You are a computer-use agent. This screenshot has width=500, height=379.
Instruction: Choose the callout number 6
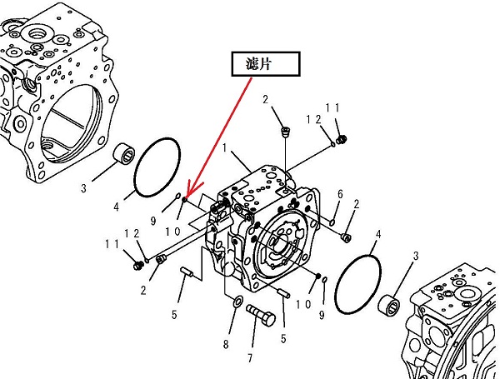point(340,194)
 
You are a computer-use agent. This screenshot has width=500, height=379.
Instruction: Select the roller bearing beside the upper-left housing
point(127,153)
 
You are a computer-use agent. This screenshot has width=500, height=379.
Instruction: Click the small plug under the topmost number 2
point(287,131)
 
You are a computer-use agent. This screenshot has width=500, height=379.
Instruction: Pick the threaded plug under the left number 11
point(139,265)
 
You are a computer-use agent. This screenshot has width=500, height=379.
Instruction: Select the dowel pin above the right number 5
point(284,292)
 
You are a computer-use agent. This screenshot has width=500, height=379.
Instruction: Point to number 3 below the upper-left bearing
point(84,188)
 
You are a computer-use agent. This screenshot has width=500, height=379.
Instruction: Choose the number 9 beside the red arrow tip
point(153,221)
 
